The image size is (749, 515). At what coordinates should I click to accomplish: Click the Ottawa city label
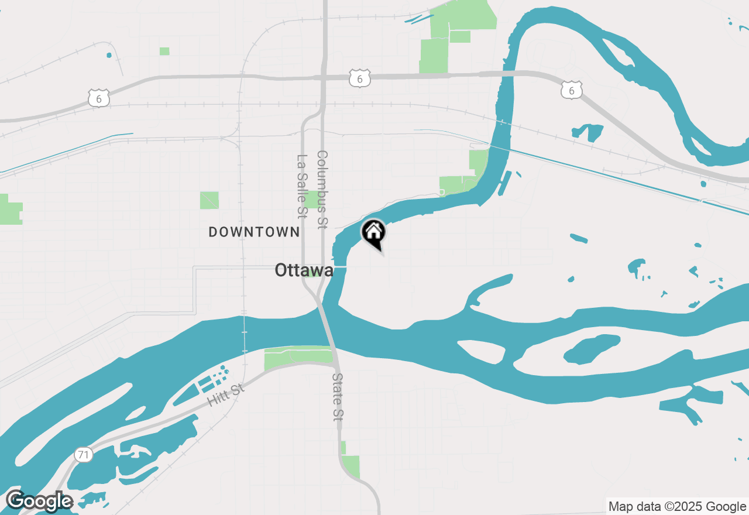(304, 270)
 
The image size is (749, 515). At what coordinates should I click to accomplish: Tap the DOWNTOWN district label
(254, 232)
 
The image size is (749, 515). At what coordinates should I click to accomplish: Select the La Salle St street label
(302, 185)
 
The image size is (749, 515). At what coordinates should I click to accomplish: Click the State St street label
(338, 397)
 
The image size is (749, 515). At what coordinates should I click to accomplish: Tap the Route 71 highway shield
(84, 454)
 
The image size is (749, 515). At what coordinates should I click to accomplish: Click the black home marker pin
(373, 233)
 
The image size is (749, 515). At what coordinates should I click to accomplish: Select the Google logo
(39, 502)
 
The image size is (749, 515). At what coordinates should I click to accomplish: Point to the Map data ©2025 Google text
(677, 507)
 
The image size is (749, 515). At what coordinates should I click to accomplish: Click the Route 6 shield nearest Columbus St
(360, 78)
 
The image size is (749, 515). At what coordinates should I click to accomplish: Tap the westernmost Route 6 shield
(99, 98)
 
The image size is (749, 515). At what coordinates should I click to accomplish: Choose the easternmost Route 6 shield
(572, 90)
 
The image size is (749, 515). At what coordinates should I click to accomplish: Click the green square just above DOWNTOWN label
(209, 200)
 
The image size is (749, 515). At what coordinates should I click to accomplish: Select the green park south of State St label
(351, 466)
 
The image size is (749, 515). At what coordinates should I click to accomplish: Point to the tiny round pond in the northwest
(109, 56)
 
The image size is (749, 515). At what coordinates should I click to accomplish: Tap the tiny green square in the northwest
(164, 51)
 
